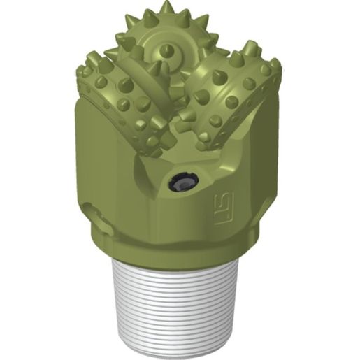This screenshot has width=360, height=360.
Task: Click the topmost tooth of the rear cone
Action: [x=167, y=8]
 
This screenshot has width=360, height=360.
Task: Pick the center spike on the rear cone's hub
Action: [x=168, y=50]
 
